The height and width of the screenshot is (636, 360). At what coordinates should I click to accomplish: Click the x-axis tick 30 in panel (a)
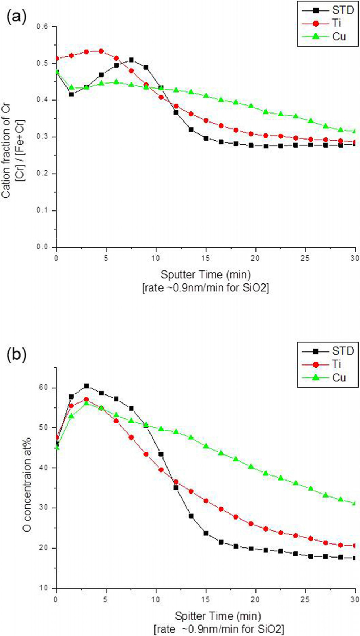[355, 258]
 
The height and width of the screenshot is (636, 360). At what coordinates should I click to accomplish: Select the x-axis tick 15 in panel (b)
[206, 599]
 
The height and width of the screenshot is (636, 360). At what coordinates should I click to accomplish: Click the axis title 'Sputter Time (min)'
[206, 275]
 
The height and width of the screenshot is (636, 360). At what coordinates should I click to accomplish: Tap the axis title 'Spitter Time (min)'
[218, 616]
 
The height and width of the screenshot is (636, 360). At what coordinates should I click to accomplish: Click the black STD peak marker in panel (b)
[86, 386]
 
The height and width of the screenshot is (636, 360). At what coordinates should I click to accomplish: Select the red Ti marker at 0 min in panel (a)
[56, 59]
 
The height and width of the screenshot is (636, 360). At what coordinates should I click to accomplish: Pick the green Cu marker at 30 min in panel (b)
[355, 503]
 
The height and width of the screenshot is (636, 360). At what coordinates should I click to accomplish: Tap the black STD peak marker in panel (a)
[131, 60]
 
